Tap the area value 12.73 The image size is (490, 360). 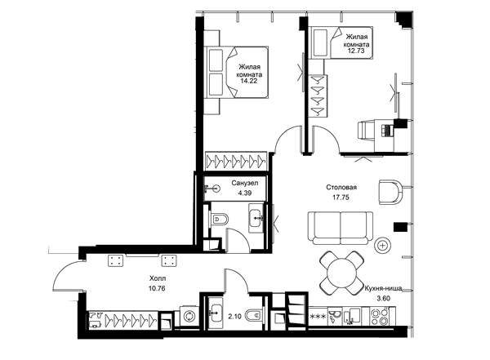[356, 51]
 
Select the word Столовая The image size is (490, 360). [341, 187]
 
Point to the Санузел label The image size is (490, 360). [245, 183]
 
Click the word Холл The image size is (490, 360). [158, 278]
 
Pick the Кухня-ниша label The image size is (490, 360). [383, 288]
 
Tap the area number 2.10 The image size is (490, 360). [234, 317]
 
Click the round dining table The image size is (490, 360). [341, 273]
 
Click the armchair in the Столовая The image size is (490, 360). [390, 192]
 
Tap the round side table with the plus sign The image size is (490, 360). [382, 246]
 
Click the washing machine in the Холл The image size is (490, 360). [189, 316]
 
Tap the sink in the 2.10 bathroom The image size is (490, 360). [214, 313]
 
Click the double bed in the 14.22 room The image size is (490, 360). [236, 72]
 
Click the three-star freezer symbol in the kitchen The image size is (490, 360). [318, 317]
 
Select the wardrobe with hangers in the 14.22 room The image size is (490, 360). [236, 162]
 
